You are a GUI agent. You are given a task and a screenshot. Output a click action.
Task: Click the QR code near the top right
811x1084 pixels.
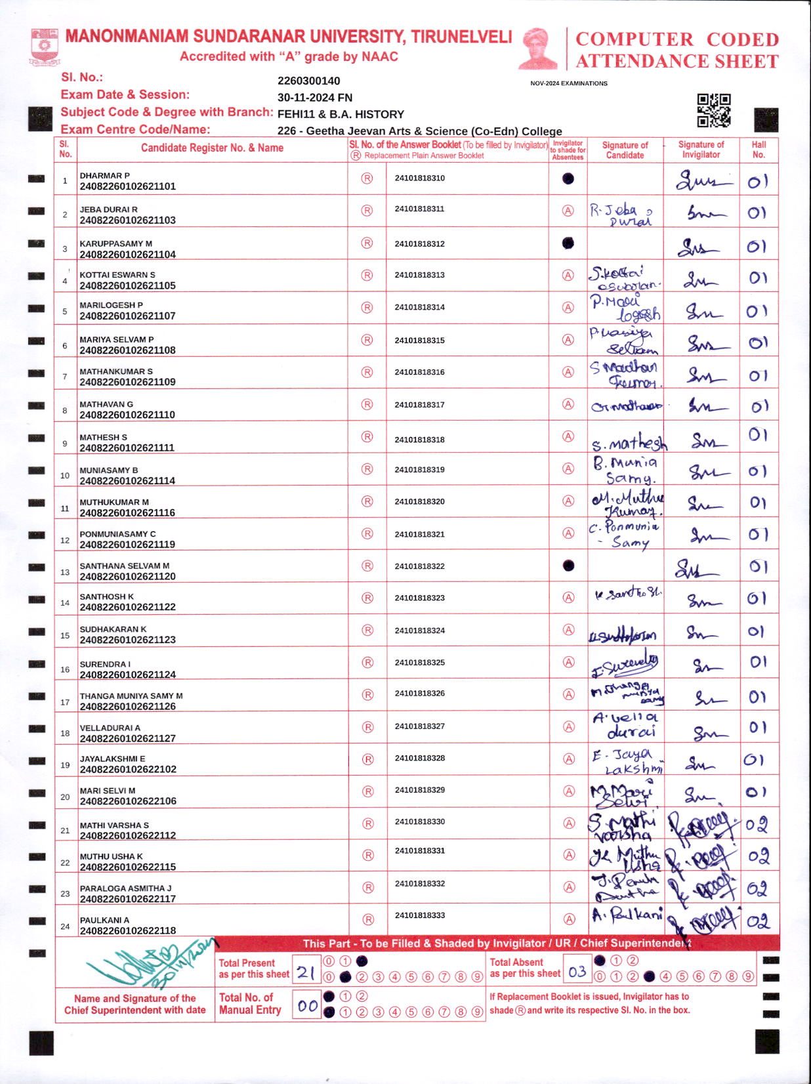[x=713, y=110]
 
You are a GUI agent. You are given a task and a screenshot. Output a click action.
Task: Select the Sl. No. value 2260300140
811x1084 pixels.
[x=308, y=81]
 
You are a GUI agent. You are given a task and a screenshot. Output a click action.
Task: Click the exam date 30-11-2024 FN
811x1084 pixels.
[x=314, y=98]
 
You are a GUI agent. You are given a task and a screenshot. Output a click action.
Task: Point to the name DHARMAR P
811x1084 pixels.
[x=104, y=175]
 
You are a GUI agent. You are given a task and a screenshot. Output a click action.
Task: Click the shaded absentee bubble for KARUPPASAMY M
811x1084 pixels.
[x=568, y=243]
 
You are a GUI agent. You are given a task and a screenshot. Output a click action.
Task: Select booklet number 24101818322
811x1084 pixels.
[x=419, y=566]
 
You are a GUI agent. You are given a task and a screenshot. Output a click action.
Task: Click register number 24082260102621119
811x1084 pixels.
[x=127, y=545]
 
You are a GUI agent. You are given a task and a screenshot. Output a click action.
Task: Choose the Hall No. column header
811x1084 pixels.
[x=759, y=150]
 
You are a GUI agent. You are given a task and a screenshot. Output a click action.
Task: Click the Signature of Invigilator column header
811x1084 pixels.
[x=701, y=150]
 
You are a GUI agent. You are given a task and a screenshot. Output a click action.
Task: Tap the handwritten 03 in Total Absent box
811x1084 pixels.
[x=577, y=971]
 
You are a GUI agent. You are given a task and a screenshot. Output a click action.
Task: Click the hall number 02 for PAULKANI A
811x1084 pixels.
[x=758, y=921]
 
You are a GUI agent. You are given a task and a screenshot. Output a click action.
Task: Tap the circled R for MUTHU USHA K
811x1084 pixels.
[x=367, y=855]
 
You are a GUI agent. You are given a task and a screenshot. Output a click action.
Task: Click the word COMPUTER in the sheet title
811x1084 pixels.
[x=634, y=39]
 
